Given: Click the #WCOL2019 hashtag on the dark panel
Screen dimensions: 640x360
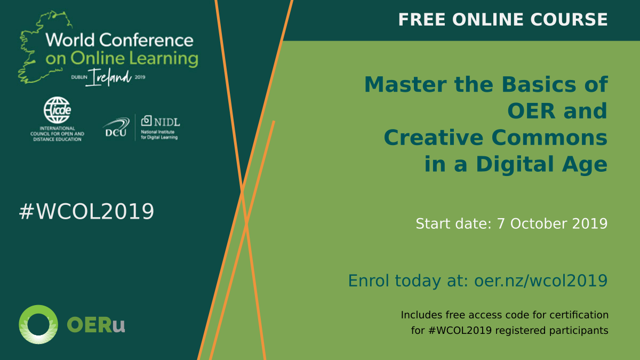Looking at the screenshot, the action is point(86,211).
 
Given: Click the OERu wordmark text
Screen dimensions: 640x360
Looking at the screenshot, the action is point(95,325).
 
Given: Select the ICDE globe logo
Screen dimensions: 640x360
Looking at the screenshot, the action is point(58,110).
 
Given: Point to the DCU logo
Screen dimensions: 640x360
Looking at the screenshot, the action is point(116,127).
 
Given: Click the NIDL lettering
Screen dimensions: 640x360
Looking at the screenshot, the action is point(167,122).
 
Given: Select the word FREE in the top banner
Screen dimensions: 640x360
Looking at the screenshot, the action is point(422,20).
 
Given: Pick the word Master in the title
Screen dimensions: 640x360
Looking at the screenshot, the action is point(405,85).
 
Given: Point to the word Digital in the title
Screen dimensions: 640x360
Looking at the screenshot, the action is point(515,165).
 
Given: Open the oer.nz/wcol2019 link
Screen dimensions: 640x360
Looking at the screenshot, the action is point(541,281).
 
